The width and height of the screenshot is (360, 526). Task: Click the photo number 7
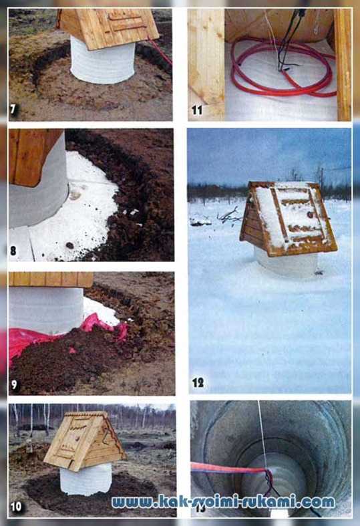(x=13, y=110)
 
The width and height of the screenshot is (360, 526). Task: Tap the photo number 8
(x=13, y=251)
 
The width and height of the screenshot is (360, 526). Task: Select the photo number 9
(x=14, y=384)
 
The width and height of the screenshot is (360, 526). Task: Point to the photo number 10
(x=16, y=506)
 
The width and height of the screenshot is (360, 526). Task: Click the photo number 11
(x=197, y=110)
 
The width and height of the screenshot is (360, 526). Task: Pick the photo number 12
(x=198, y=382)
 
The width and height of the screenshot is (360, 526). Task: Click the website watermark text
(x=223, y=502)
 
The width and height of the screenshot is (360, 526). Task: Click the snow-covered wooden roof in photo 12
(x=289, y=217)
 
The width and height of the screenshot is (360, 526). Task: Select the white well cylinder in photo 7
(x=103, y=61)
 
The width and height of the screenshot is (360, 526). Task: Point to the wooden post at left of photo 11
(x=206, y=63)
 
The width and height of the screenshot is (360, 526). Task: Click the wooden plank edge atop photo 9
(x=51, y=279)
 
